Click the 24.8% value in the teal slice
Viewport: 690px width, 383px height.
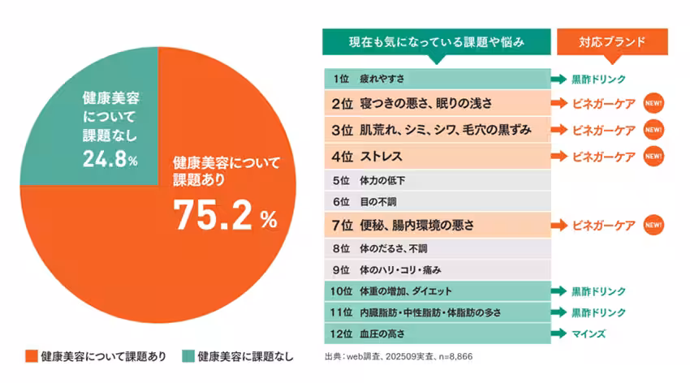(x=110, y=160)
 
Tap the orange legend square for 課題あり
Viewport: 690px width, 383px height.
(x=31, y=355)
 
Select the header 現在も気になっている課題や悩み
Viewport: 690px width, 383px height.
(x=435, y=41)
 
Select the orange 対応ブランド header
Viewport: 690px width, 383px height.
(x=612, y=41)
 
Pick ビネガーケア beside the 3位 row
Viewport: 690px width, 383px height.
(x=604, y=130)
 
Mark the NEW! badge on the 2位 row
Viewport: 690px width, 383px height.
(x=653, y=104)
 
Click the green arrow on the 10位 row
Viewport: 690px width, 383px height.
(x=559, y=290)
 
